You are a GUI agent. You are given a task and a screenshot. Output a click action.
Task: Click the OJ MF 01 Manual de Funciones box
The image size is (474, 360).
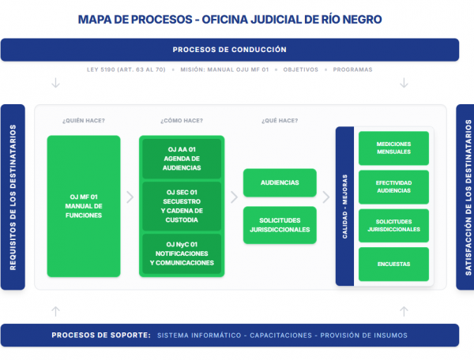click(84, 206)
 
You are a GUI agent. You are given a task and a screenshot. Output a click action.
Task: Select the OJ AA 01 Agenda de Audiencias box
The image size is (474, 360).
click(182, 159)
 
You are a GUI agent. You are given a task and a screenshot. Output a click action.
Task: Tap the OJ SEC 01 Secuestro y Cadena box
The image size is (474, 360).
click(182, 205)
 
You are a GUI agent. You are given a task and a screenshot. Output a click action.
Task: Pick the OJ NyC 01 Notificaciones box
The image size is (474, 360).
click(182, 253)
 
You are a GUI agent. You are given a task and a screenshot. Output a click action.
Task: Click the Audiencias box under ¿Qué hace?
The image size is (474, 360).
click(280, 182)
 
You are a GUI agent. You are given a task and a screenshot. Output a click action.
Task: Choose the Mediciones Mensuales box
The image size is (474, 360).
click(393, 148)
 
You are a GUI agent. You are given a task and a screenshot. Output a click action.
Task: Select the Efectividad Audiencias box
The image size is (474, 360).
click(393, 187)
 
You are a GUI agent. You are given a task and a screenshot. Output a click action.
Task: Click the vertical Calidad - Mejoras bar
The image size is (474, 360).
click(344, 206)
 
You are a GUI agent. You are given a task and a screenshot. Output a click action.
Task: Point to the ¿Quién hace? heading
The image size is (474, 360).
click(84, 121)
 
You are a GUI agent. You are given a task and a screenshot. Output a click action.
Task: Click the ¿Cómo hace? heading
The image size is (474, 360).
click(182, 121)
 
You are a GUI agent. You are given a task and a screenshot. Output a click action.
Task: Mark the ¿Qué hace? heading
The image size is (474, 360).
click(280, 121)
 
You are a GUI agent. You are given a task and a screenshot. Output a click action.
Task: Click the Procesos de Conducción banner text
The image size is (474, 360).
click(229, 50)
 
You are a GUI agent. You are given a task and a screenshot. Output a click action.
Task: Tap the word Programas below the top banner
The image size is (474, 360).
click(353, 69)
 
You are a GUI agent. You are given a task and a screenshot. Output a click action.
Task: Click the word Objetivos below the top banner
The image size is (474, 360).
click(300, 69)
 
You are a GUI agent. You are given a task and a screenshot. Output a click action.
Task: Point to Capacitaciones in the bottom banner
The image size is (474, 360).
click(280, 336)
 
